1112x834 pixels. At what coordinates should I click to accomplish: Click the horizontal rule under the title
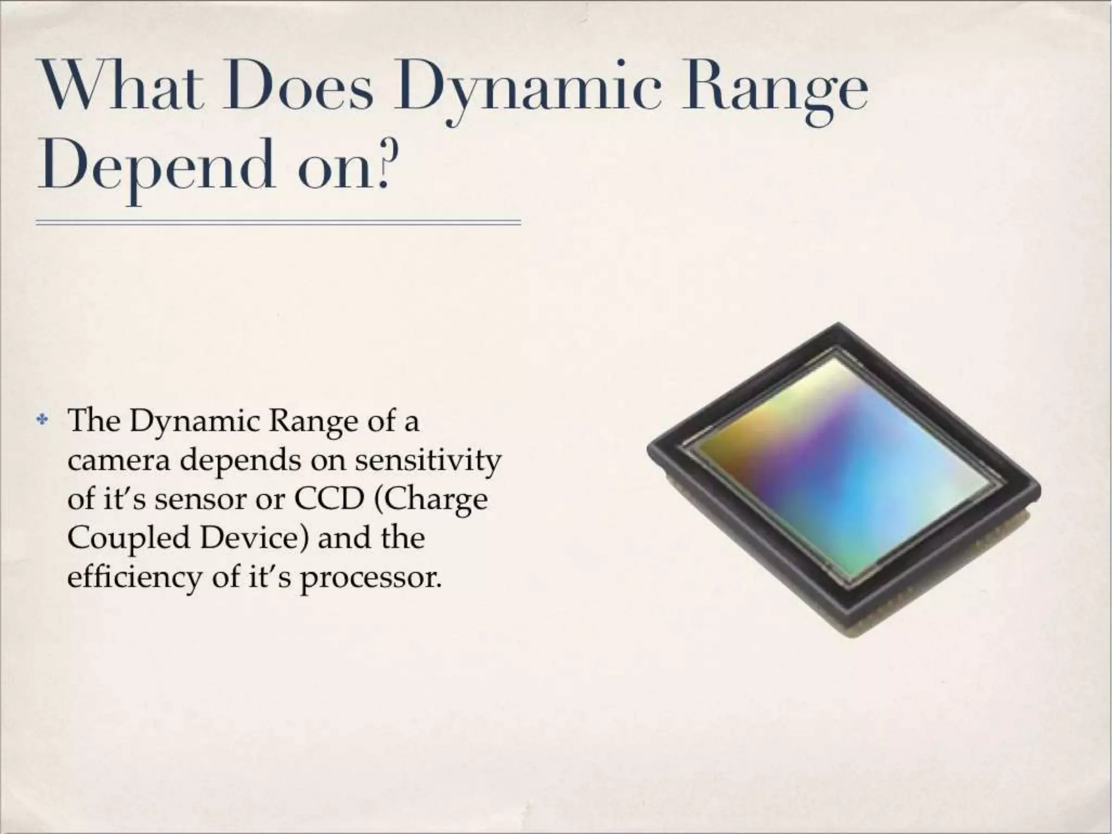(278, 223)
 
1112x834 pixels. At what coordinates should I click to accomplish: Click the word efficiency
(134, 578)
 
